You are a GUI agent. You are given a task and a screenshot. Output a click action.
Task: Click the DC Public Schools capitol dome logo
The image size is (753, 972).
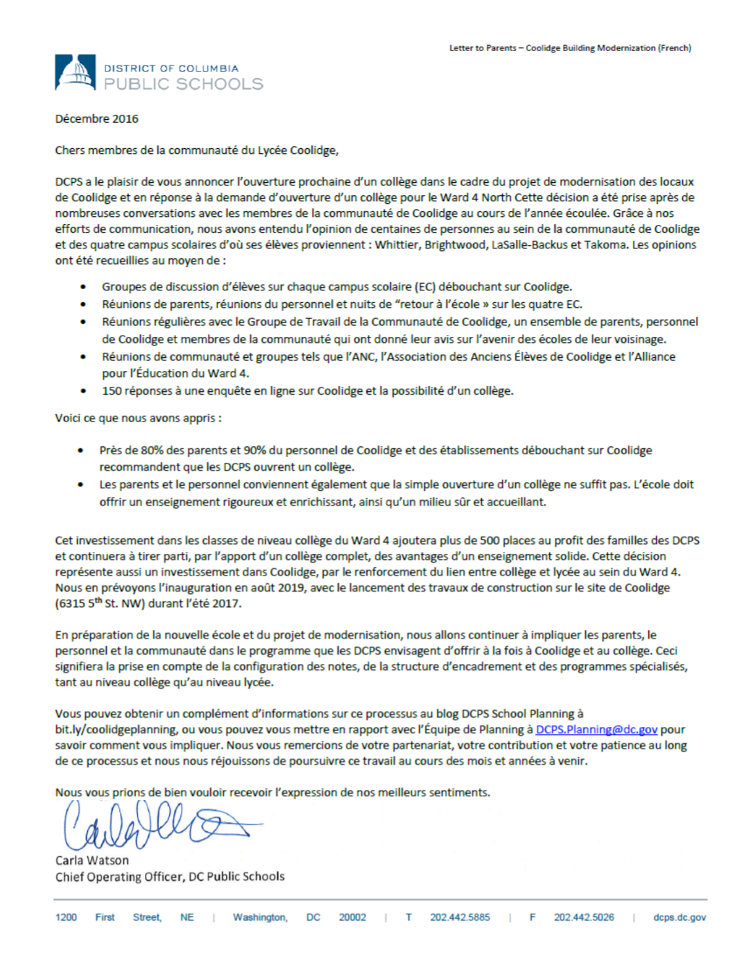(75, 72)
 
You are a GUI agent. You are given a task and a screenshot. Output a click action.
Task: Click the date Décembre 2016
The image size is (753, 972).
(97, 119)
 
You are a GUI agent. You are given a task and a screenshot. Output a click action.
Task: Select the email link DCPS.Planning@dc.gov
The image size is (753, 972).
(596, 729)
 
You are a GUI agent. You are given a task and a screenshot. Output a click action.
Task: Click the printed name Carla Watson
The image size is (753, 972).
(92, 861)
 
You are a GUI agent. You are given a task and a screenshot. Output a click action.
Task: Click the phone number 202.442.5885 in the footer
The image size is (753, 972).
(459, 918)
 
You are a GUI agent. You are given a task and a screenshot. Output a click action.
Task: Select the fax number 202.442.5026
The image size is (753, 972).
(584, 918)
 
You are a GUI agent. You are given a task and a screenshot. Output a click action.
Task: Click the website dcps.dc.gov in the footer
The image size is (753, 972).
(680, 918)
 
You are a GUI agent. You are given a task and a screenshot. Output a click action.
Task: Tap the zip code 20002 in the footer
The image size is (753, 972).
(352, 918)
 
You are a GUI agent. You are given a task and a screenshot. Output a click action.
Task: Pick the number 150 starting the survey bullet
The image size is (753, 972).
(111, 391)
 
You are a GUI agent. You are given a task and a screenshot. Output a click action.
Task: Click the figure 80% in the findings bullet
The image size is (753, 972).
(152, 450)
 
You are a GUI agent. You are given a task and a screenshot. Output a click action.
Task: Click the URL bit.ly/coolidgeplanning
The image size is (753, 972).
(115, 729)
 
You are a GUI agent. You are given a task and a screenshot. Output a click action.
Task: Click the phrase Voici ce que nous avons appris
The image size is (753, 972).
(138, 418)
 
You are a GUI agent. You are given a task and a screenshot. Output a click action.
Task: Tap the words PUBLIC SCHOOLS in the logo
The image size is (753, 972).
(183, 84)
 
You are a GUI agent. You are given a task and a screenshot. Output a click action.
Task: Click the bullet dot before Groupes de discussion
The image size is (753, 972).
(83, 287)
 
